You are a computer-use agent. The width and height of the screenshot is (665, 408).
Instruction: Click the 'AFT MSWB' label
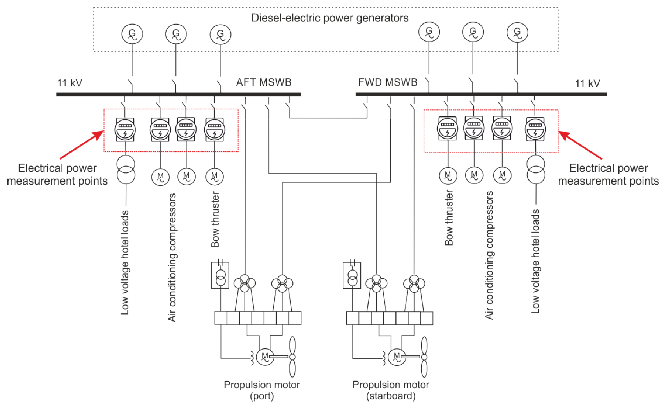pyautogui.click(x=264, y=82)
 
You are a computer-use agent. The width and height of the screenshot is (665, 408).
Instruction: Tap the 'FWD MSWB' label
pyautogui.click(x=388, y=82)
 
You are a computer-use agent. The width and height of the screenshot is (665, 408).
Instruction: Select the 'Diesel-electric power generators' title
pyautogui.click(x=330, y=18)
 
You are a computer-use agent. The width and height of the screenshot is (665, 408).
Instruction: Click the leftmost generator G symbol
pyautogui.click(x=132, y=34)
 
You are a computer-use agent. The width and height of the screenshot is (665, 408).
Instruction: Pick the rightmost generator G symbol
pyautogui.click(x=517, y=32)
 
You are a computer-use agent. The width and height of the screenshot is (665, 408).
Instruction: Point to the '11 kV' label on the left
pyautogui.click(x=70, y=83)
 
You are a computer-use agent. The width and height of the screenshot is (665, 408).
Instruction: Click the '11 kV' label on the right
pyautogui.click(x=588, y=83)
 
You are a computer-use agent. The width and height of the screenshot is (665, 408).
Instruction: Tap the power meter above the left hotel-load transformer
pyautogui.click(x=125, y=129)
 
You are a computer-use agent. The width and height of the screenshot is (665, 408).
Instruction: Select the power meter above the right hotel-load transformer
pyautogui.click(x=535, y=129)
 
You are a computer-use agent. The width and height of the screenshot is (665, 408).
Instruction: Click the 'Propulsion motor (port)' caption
pyautogui.click(x=262, y=390)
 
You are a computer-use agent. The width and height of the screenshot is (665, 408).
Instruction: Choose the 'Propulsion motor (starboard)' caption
pyautogui.click(x=391, y=390)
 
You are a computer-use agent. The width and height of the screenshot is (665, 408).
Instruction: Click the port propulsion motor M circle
pyautogui.click(x=265, y=357)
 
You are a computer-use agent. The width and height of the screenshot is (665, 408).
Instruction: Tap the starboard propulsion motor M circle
pyautogui.click(x=397, y=357)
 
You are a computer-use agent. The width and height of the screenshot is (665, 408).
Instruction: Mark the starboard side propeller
pyautogui.click(x=424, y=357)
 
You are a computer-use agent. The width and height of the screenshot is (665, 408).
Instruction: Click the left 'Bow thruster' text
pyautogui.click(x=215, y=219)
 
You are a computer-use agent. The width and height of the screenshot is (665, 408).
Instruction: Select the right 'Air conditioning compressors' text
pyautogui.click(x=489, y=255)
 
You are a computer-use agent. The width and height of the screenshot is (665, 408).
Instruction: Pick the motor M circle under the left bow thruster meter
pyautogui.click(x=215, y=177)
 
